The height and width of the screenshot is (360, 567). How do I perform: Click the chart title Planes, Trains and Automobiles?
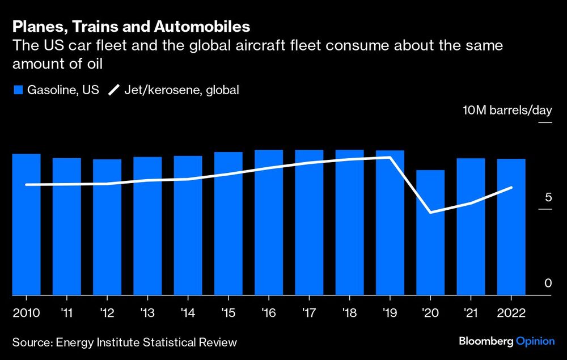132,27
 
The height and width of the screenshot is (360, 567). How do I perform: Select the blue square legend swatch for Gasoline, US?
17,90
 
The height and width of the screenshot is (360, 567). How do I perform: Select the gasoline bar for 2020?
430,232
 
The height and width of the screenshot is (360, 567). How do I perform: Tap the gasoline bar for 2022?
511,227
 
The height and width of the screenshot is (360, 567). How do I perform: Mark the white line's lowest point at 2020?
430,213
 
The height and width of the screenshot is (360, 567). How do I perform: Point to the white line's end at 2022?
512,188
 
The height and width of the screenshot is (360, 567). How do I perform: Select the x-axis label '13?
147,314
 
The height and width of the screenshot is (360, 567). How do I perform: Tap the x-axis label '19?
390,314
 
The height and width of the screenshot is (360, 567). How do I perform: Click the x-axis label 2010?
26,314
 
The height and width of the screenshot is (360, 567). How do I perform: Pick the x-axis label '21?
471,314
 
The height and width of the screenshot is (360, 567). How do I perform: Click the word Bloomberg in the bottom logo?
485,341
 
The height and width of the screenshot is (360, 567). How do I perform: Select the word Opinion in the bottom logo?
535,341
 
